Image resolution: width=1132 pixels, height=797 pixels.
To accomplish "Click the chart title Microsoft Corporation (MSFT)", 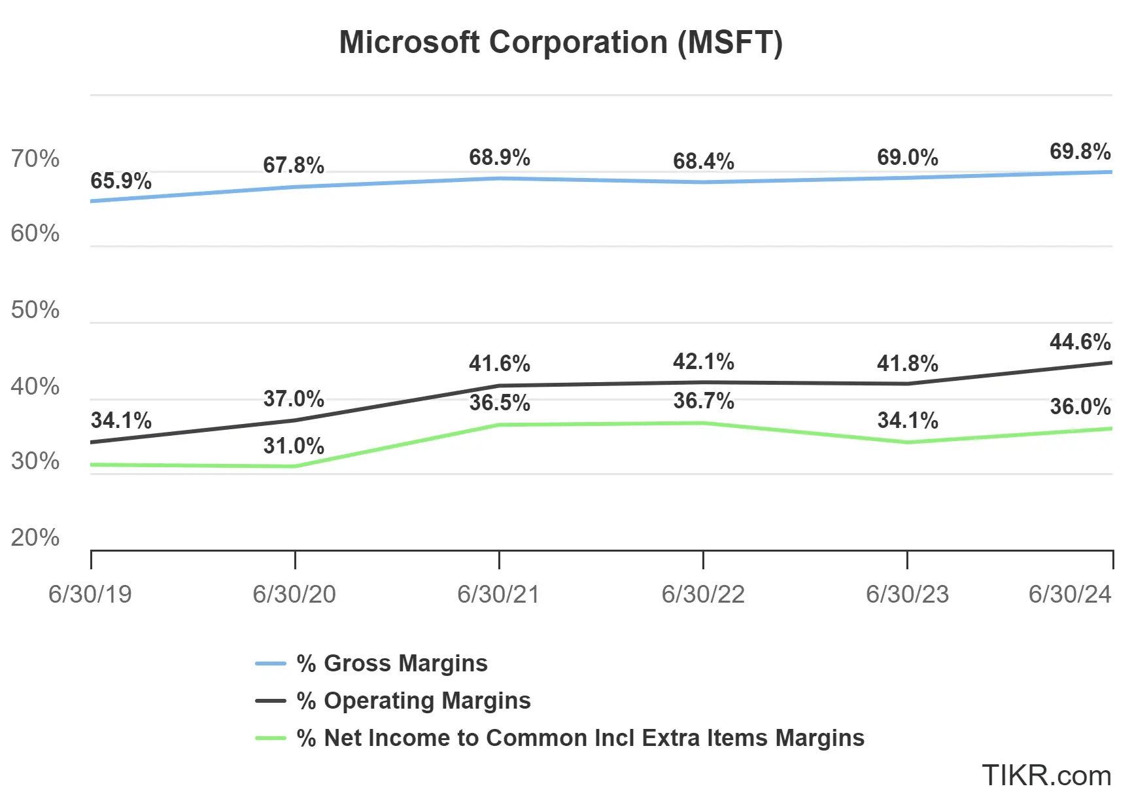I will click(560, 43).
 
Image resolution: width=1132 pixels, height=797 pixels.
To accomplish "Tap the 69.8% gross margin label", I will click(1080, 152).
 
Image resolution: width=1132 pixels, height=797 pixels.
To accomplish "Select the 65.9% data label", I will click(121, 181).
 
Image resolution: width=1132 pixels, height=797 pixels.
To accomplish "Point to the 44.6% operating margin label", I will click(1080, 342).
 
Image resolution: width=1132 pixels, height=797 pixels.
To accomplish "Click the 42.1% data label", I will click(704, 361).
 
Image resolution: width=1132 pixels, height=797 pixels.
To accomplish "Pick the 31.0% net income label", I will click(294, 446).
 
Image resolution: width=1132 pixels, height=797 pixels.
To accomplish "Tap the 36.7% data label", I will click(704, 400).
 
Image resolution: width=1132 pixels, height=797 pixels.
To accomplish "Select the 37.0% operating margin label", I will click(294, 398).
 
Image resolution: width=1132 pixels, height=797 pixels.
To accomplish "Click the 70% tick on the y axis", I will click(35, 159).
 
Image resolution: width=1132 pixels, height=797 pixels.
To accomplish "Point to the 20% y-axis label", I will click(35, 538).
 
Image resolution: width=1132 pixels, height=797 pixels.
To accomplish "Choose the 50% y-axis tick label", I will click(35, 310).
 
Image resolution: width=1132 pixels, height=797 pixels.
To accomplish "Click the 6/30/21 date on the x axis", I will click(498, 594).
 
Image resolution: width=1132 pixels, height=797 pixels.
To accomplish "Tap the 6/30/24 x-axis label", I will click(1069, 594).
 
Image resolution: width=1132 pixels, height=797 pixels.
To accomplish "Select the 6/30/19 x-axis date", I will click(90, 594).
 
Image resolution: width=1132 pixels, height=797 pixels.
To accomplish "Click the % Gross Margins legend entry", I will click(392, 664).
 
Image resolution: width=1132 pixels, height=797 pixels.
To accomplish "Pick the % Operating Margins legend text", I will click(413, 701).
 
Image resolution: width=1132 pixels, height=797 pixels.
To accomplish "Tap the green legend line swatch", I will click(270, 738).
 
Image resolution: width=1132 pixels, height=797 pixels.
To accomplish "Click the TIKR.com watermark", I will click(1046, 776).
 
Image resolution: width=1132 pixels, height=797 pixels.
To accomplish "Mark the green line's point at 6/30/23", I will click(907, 442).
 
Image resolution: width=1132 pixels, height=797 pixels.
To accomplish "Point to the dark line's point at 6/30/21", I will click(499, 386).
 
